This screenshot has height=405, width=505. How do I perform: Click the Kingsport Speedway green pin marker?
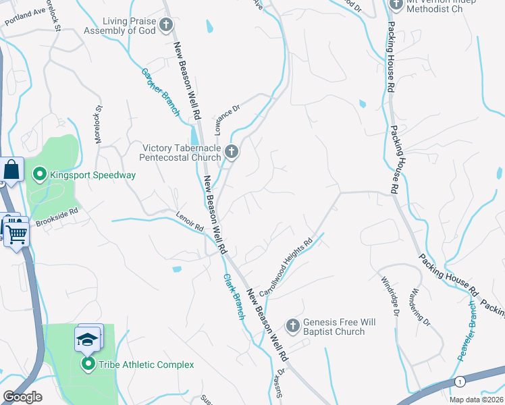pos(39,175)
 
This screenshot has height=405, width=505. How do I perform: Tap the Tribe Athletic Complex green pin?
pos(88,365)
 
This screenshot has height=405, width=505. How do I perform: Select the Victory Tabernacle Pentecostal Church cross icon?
pos(232,153)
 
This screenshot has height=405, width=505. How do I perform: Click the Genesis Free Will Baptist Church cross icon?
pos(293,327)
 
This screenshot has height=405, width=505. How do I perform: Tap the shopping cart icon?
pos(17,234)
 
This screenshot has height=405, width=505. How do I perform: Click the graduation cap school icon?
pos(86,338)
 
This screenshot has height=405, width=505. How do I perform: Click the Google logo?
pos(22,397)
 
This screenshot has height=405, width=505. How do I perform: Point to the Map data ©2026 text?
pos(473,399)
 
